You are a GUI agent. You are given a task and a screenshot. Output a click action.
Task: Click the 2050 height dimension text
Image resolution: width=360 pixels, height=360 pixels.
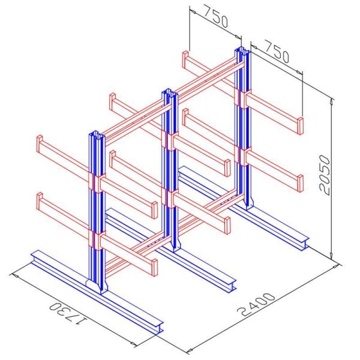pos(325,174)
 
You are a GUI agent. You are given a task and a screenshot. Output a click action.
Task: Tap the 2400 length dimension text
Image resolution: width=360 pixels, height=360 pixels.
pos(255,305)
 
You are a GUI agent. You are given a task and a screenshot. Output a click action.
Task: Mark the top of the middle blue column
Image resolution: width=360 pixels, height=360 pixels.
pos(167,92)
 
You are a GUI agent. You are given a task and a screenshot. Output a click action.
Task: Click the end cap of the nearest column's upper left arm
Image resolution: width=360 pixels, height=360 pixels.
pos(40,145)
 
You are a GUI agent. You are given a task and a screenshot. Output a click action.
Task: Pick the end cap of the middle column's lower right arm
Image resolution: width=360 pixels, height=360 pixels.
pos(227,225)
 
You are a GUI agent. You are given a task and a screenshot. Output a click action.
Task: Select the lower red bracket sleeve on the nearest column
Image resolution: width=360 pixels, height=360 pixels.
pos(97,239)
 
